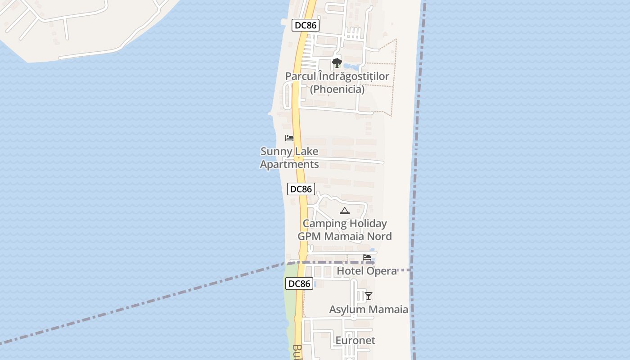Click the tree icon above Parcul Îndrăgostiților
pos(337,63)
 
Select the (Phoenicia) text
pos(337,89)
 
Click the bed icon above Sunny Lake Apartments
pos(289,138)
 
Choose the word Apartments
pos(289,164)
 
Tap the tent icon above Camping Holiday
pos(344,211)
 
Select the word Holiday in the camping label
pos(368,224)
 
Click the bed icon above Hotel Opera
pos(367,258)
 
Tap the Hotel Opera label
pos(367,271)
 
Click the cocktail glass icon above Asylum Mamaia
pos(368,296)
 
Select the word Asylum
pos(346,310)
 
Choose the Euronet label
pos(355,341)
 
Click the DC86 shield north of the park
pos(306,25)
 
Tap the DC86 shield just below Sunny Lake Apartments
pos(301,189)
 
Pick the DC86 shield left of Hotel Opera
pos(299,283)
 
